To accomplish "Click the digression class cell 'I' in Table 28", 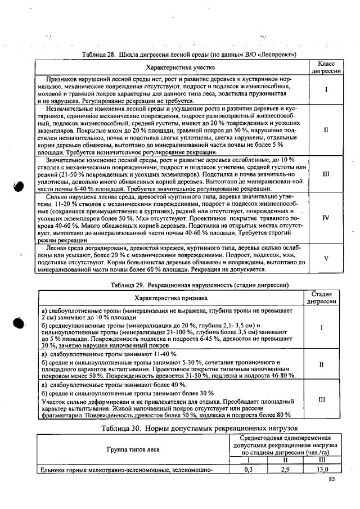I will (x=326, y=89).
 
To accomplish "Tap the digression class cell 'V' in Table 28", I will (x=326, y=259).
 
